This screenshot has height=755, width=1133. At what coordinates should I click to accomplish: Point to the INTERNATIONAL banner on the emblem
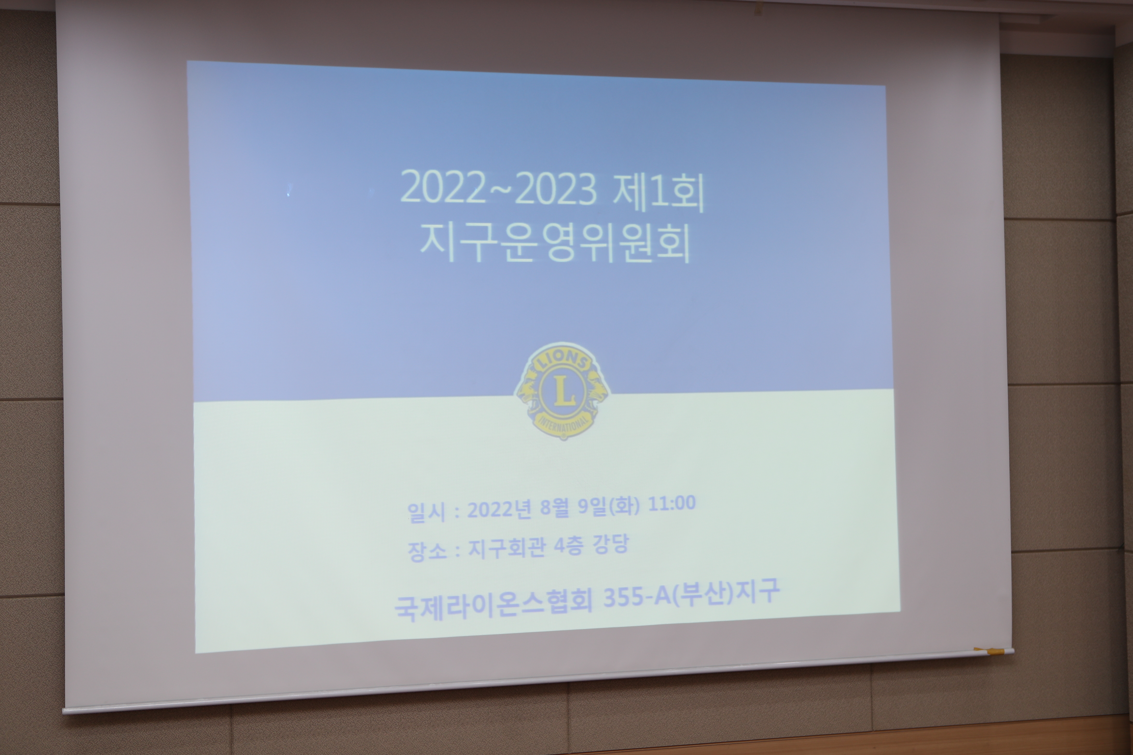tap(563, 424)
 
